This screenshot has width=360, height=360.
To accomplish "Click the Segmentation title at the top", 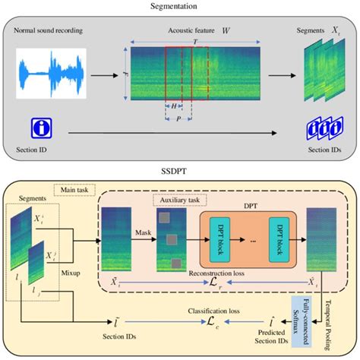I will tap(180, 6).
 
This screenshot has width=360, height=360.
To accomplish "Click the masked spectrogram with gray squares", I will tap(170, 239).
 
